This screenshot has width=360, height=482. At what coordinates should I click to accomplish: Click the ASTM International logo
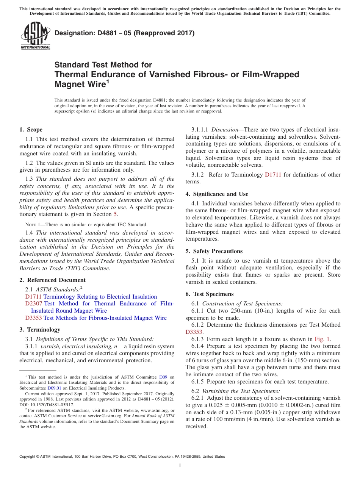35,36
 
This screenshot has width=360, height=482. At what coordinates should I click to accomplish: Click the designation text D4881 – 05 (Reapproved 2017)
124,33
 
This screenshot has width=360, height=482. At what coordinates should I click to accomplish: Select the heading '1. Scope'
31,130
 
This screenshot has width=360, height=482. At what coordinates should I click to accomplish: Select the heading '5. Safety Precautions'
214,251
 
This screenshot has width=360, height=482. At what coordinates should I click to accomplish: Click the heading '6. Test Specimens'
210,294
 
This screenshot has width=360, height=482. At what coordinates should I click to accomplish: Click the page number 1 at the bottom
180,466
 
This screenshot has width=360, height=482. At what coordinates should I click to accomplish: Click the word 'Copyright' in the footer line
28,457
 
